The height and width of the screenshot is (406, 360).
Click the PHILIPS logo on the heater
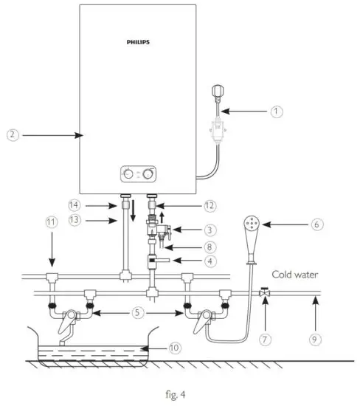[138, 43]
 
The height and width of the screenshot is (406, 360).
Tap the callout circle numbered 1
[276, 111]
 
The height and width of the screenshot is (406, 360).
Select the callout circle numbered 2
[11, 135]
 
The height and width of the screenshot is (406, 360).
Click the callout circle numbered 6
[316, 224]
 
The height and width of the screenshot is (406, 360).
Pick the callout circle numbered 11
[51, 221]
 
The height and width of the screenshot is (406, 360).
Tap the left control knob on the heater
[130, 174]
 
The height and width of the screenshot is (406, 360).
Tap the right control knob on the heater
[150, 174]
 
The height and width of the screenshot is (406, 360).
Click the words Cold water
[295, 275]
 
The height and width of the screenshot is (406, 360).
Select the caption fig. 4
[179, 393]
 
